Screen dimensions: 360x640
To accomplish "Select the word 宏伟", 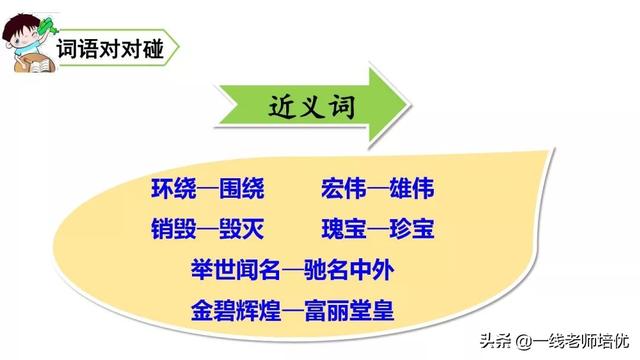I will coord(343,188).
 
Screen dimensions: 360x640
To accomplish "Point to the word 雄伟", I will coord(413,188).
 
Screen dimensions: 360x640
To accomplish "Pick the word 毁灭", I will coord(241,228).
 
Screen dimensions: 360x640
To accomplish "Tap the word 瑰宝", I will coord(343,228).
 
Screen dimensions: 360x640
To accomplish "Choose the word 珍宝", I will coord(413,228).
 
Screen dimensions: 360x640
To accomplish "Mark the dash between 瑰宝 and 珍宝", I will coord(378,229).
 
